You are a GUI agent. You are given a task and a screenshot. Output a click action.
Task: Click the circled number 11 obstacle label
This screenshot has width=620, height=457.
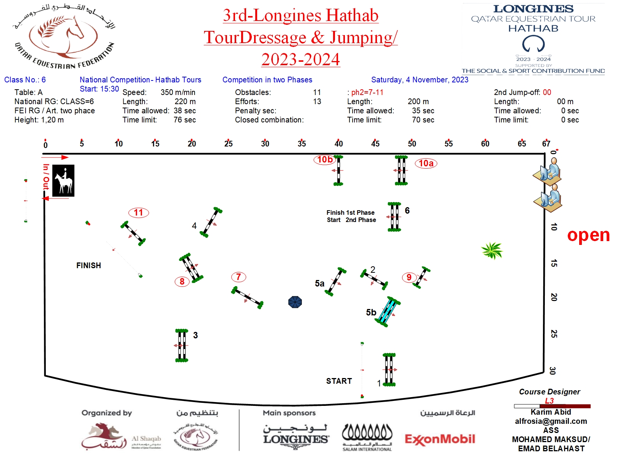click(x=138, y=212)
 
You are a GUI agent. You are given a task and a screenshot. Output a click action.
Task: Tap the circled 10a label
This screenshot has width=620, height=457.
click(x=426, y=163)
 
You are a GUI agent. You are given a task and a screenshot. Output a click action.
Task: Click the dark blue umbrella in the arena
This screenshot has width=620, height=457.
click(x=295, y=302)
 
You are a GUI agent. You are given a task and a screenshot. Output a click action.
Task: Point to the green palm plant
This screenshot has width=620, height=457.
click(x=492, y=251)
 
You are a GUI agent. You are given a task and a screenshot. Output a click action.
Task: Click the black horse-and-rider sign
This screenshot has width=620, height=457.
click(x=63, y=181)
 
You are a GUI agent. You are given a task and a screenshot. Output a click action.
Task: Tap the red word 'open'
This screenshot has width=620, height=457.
click(x=588, y=235)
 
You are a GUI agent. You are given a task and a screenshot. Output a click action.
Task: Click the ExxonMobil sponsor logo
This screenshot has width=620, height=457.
click(x=440, y=439)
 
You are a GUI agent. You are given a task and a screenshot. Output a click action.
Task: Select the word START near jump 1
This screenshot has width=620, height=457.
click(x=339, y=381)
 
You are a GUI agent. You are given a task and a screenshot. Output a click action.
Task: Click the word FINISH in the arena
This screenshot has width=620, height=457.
click(x=89, y=266)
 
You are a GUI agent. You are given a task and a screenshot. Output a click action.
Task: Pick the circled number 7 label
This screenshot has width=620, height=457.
click(x=238, y=277)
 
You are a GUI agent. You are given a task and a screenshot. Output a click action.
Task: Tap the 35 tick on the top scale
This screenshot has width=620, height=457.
click(x=302, y=144)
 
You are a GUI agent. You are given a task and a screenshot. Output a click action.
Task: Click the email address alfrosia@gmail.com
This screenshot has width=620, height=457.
click(x=551, y=421)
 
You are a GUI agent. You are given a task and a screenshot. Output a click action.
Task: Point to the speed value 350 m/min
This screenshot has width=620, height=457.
click(x=178, y=92)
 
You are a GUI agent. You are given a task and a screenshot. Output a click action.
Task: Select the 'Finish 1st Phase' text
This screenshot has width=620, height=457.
click(x=350, y=212)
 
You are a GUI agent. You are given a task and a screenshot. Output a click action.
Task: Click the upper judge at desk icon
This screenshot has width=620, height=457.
click(x=548, y=172)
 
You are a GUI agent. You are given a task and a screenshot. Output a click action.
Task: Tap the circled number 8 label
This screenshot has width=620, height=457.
click(x=182, y=282)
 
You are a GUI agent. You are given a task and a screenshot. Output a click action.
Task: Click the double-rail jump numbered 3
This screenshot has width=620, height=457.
click(x=182, y=345)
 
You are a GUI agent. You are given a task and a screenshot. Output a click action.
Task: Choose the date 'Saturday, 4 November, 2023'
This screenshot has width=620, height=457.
click(x=420, y=80)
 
